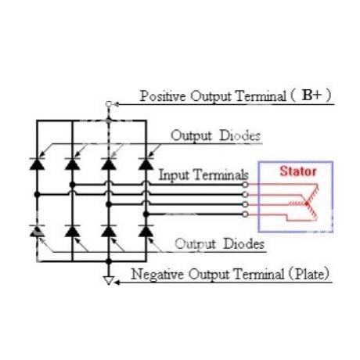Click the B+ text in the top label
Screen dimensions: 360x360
click(311, 95)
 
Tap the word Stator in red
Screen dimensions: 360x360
click(298, 171)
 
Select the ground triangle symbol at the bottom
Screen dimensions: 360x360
click(109, 280)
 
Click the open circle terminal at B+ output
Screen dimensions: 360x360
click(109, 104)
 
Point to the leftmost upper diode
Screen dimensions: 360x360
click(37, 164)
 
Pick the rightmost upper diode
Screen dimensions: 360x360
click(146, 164)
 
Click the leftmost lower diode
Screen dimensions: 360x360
click(37, 231)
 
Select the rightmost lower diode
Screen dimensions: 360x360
click(146, 231)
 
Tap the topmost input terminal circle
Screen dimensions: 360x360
click(245, 185)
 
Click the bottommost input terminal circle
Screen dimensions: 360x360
click(245, 214)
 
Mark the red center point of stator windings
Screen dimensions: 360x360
click(307, 203)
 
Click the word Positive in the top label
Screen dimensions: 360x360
click(163, 96)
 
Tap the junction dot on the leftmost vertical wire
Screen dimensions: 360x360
click(37, 195)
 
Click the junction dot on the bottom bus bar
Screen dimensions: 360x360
click(109, 261)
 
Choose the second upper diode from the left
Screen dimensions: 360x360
click(73, 164)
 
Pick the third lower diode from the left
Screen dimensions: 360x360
click(109, 231)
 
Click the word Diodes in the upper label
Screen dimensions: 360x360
click(240, 135)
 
